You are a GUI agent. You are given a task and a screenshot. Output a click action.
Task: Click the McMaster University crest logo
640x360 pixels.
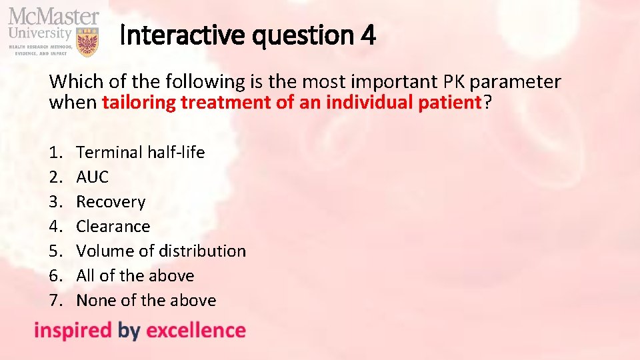pyautogui.click(x=87, y=41)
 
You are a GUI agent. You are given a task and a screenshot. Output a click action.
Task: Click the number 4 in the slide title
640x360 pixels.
pyautogui.click(x=368, y=35)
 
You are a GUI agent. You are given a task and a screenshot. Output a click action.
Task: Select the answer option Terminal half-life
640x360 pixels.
pyautogui.click(x=140, y=152)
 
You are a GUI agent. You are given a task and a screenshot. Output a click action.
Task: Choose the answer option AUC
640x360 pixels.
pyautogui.click(x=92, y=177)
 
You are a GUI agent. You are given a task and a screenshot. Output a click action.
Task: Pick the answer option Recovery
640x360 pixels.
pyautogui.click(x=111, y=201)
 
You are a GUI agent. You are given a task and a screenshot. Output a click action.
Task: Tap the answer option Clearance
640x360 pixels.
pyautogui.click(x=113, y=226)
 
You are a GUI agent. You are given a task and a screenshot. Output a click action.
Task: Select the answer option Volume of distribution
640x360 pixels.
pyautogui.click(x=161, y=251)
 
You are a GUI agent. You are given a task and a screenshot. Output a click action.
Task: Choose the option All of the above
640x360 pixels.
pyautogui.click(x=135, y=275)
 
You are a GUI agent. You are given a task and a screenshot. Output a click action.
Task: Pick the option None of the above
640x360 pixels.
pyautogui.click(x=146, y=300)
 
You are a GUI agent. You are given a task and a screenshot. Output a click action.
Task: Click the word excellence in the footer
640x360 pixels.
pyautogui.click(x=195, y=330)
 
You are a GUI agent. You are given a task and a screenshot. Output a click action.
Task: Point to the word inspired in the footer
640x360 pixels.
pyautogui.click(x=73, y=330)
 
